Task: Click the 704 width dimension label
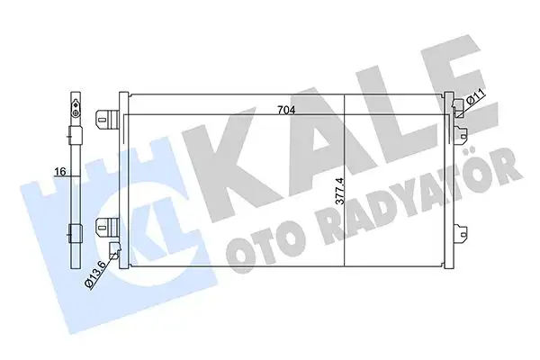(x=286, y=111)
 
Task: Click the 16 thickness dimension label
(x=58, y=171)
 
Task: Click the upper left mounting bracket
(x=108, y=116)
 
